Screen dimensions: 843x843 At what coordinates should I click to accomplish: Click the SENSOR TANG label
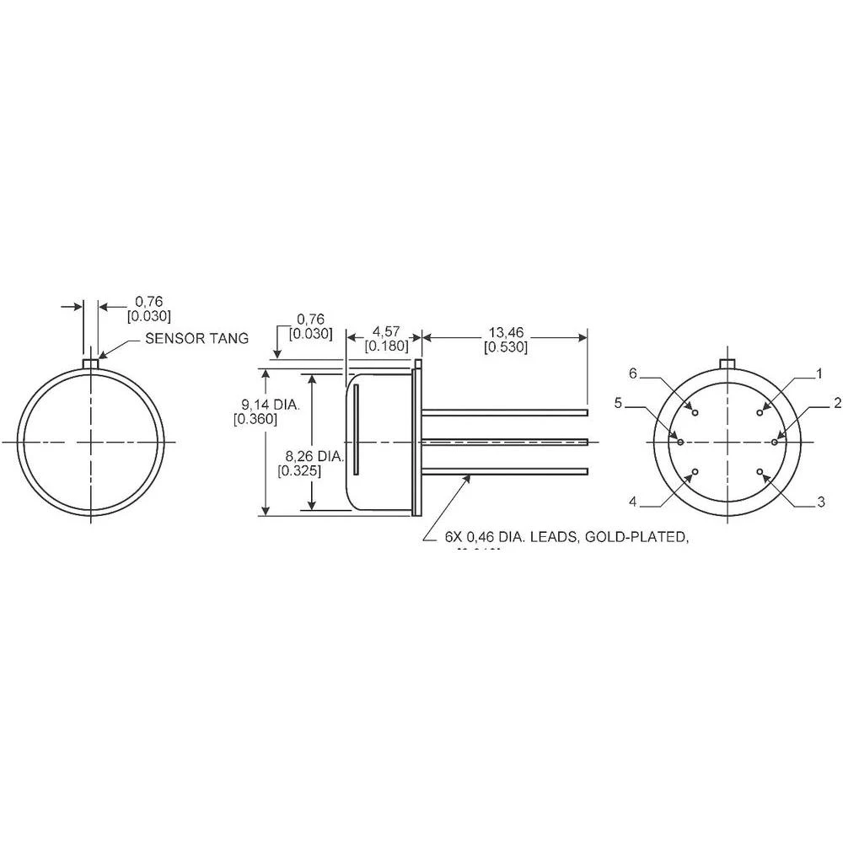click(196, 339)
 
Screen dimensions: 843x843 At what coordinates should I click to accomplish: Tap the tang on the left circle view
click(92, 363)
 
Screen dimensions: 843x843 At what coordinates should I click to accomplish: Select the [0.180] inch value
click(386, 346)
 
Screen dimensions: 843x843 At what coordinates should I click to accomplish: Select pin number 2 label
click(836, 404)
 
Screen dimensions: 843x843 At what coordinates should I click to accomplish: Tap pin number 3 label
click(821, 503)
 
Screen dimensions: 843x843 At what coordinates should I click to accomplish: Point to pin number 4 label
click(632, 503)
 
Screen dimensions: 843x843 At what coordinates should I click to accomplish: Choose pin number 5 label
click(618, 404)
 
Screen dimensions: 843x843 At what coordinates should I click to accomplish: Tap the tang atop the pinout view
click(728, 363)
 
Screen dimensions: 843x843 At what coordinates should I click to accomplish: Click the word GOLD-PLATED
click(648, 537)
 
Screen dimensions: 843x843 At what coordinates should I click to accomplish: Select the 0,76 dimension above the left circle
click(148, 301)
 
